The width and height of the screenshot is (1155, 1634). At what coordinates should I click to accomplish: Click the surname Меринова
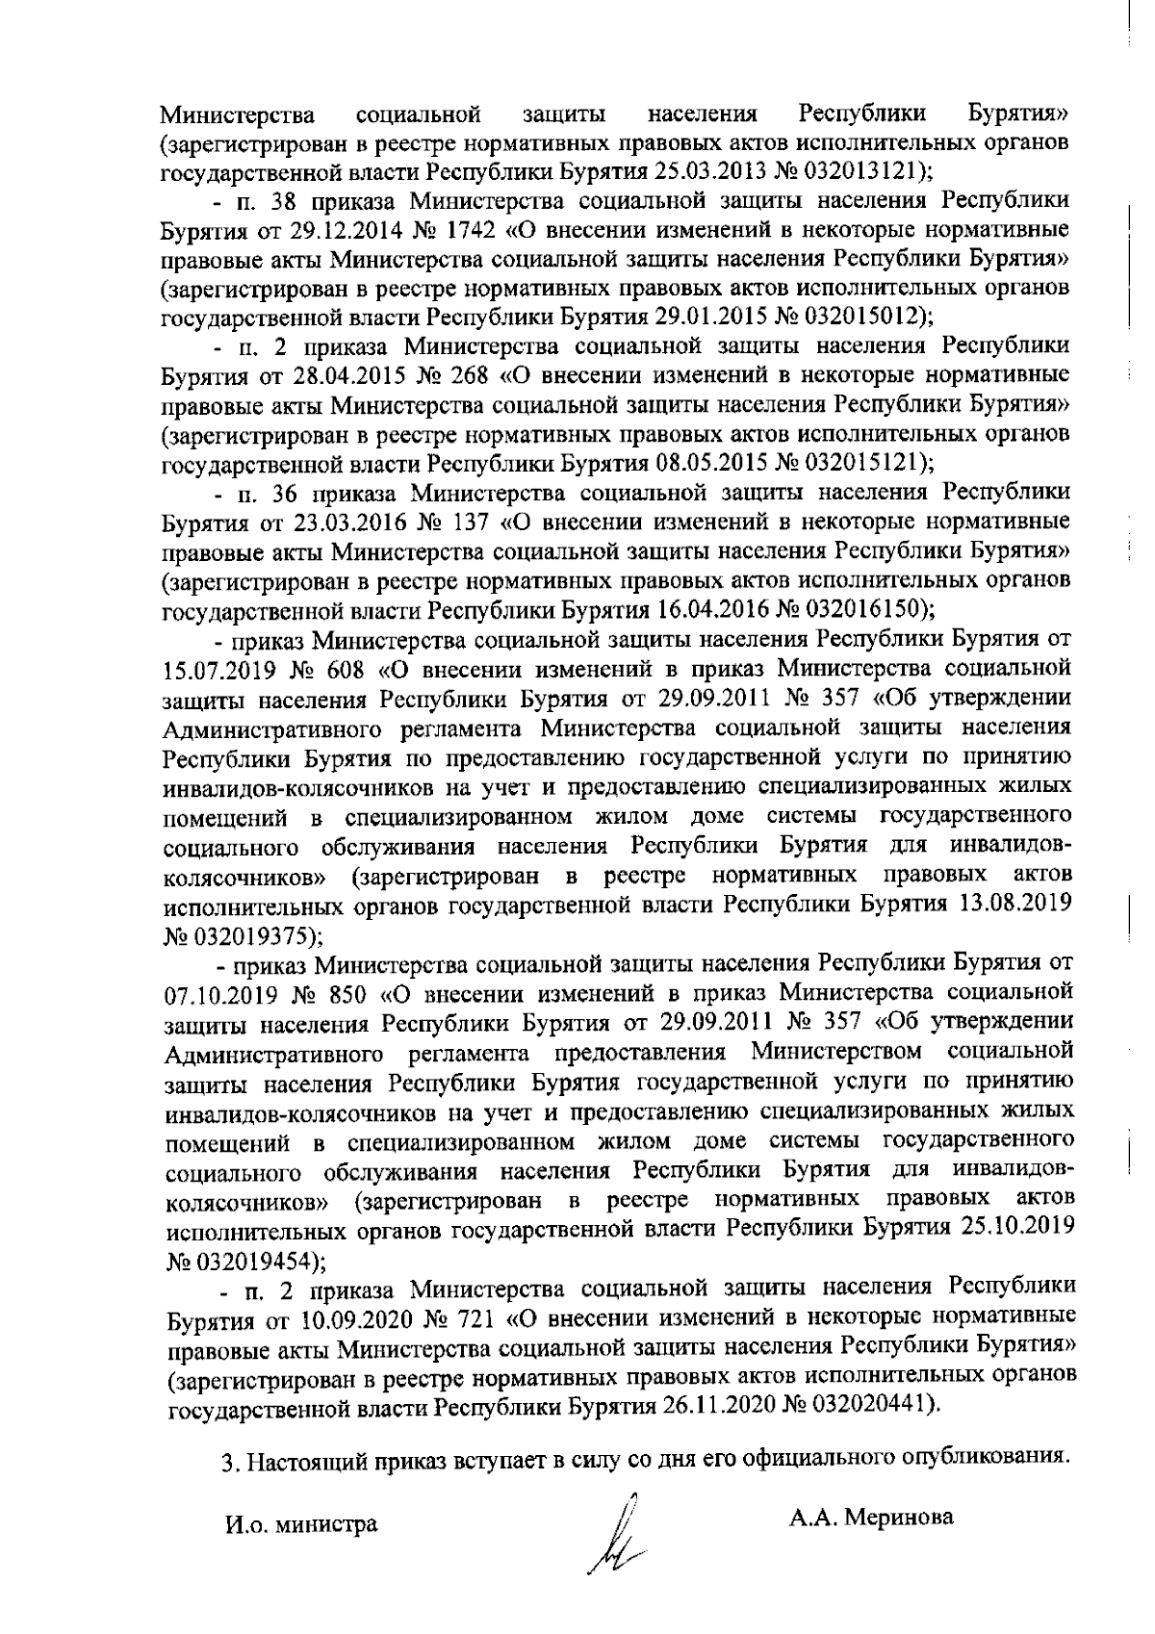(x=899, y=1518)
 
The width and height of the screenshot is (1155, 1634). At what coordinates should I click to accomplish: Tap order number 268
(x=458, y=375)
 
